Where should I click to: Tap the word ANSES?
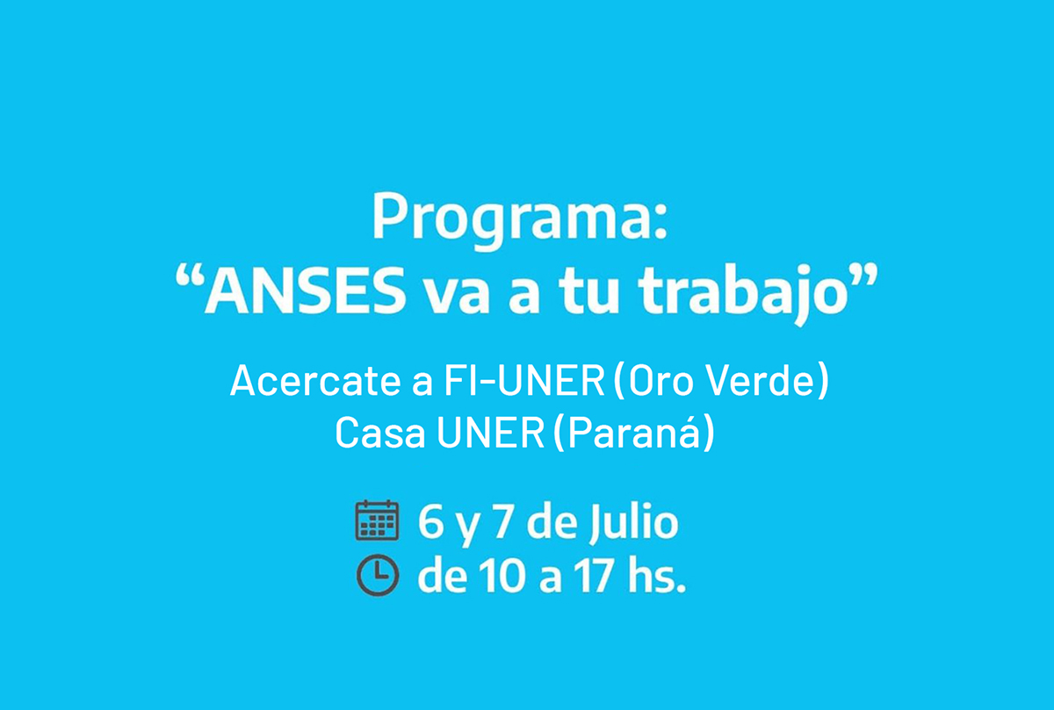(305, 290)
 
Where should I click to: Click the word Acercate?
(315, 380)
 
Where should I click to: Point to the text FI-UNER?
(524, 380)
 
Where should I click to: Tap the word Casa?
(380, 433)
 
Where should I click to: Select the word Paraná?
(634, 433)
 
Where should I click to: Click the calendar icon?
(377, 520)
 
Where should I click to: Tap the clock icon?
(378, 575)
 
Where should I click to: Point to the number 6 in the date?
(430, 521)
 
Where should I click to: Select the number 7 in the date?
(502, 521)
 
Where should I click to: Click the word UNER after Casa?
(490, 433)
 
